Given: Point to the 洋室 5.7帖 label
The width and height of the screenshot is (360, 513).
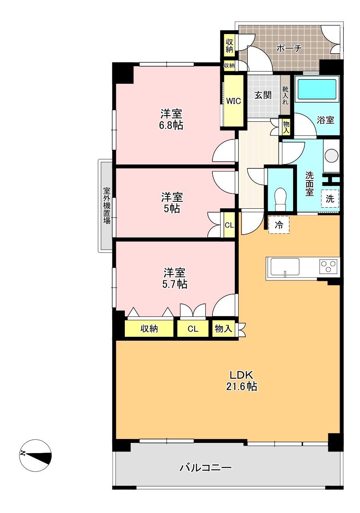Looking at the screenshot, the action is tap(175, 278).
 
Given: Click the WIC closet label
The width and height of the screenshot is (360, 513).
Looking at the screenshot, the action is tap(234, 101).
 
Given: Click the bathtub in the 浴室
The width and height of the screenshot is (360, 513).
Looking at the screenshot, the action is tap(317, 89).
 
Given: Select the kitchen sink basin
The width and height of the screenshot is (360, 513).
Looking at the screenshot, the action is tap(285, 267).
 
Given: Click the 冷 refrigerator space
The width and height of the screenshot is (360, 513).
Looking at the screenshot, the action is tap(279, 225).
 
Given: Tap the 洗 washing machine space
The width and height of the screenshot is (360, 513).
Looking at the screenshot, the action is tap(330, 199).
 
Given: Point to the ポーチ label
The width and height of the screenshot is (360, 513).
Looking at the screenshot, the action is tap(289, 48).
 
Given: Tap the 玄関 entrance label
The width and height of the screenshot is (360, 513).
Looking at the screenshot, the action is tap(263, 95).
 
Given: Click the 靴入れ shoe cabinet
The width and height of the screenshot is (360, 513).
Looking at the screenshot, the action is tap(285, 96).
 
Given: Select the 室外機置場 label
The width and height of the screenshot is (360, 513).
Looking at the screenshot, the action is tap(107, 206).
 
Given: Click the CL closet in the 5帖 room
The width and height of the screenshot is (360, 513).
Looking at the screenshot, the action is tap(229, 225).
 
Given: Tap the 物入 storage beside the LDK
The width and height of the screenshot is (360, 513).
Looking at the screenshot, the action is tap(223, 329).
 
